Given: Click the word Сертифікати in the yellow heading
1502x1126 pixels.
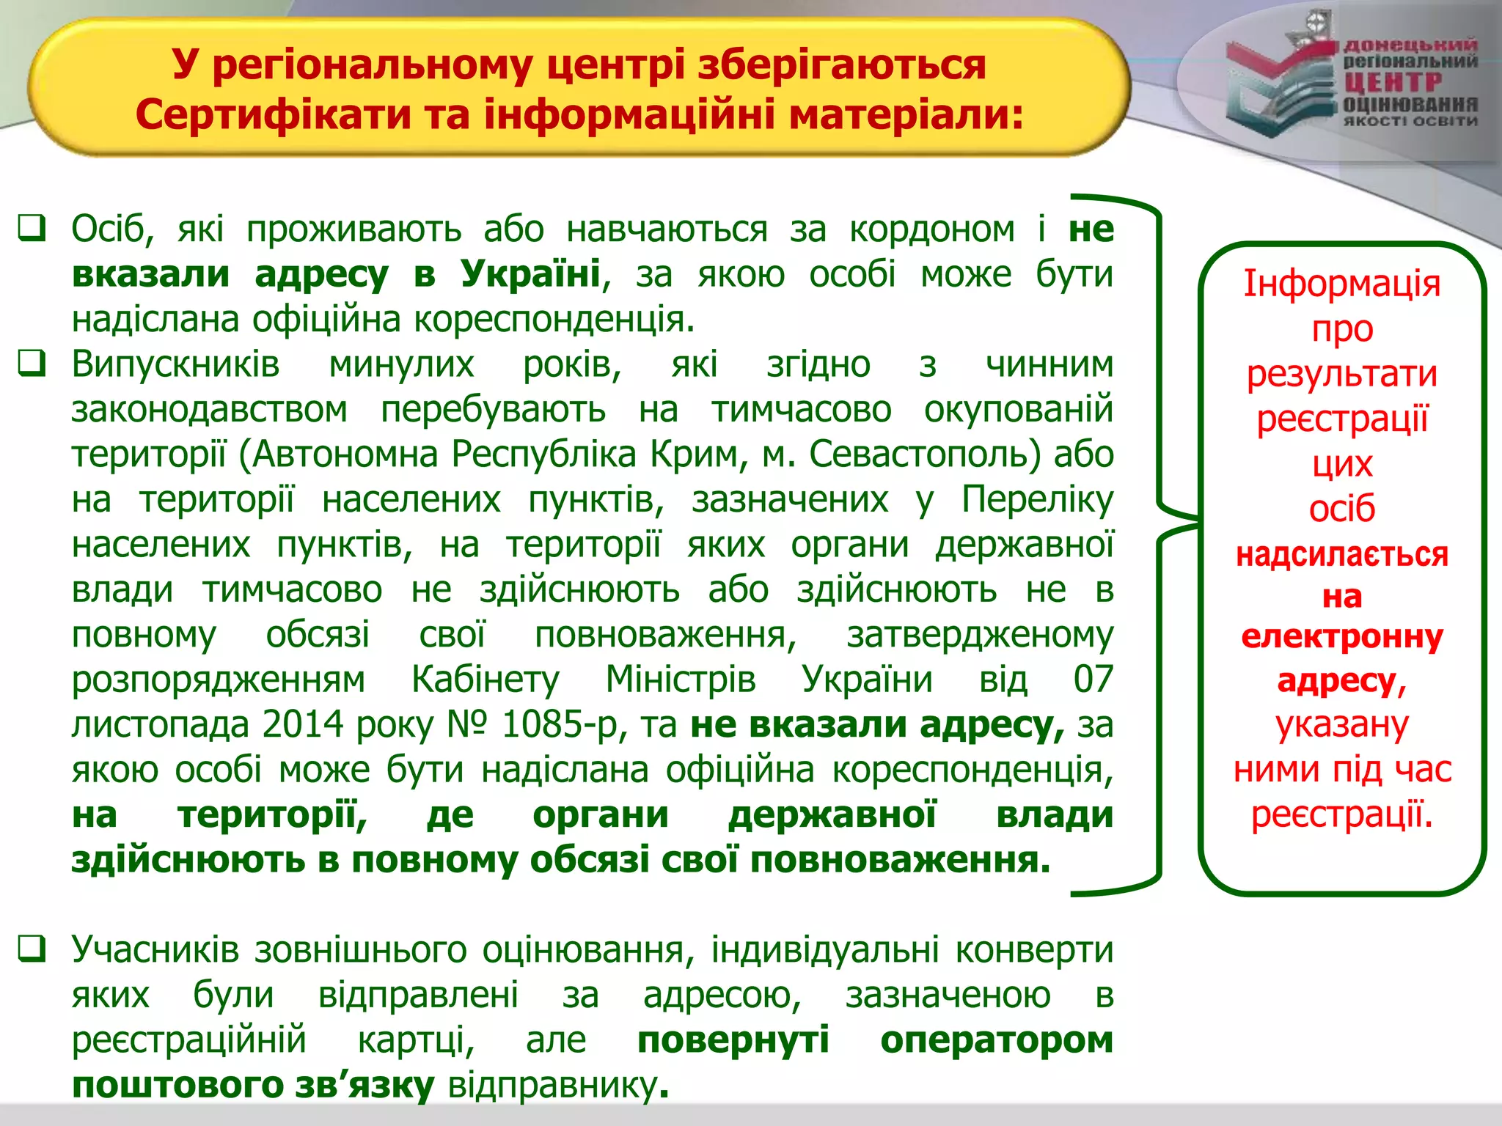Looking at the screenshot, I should coord(271,115).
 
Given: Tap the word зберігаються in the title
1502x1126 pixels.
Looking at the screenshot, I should coord(841,65).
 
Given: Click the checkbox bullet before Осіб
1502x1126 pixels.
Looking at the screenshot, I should coord(32,228).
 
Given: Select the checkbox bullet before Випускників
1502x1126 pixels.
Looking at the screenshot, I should coord(32,363).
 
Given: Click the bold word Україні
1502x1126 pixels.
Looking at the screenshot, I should coord(530,274).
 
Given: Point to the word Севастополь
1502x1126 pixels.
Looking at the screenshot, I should coord(924,455).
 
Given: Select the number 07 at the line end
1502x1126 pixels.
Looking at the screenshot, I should coord(1093,680).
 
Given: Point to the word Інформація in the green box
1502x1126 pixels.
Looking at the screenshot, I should coord(1341,284).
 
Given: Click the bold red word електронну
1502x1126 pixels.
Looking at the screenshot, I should coord(1341,637).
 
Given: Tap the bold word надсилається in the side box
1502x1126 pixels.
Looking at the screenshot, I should coord(1341,554).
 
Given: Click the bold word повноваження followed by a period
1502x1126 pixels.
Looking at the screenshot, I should coord(899,860).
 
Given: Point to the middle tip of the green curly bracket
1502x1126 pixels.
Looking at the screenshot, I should coord(1198,521).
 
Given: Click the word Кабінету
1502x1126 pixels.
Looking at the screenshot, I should coord(485,680).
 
